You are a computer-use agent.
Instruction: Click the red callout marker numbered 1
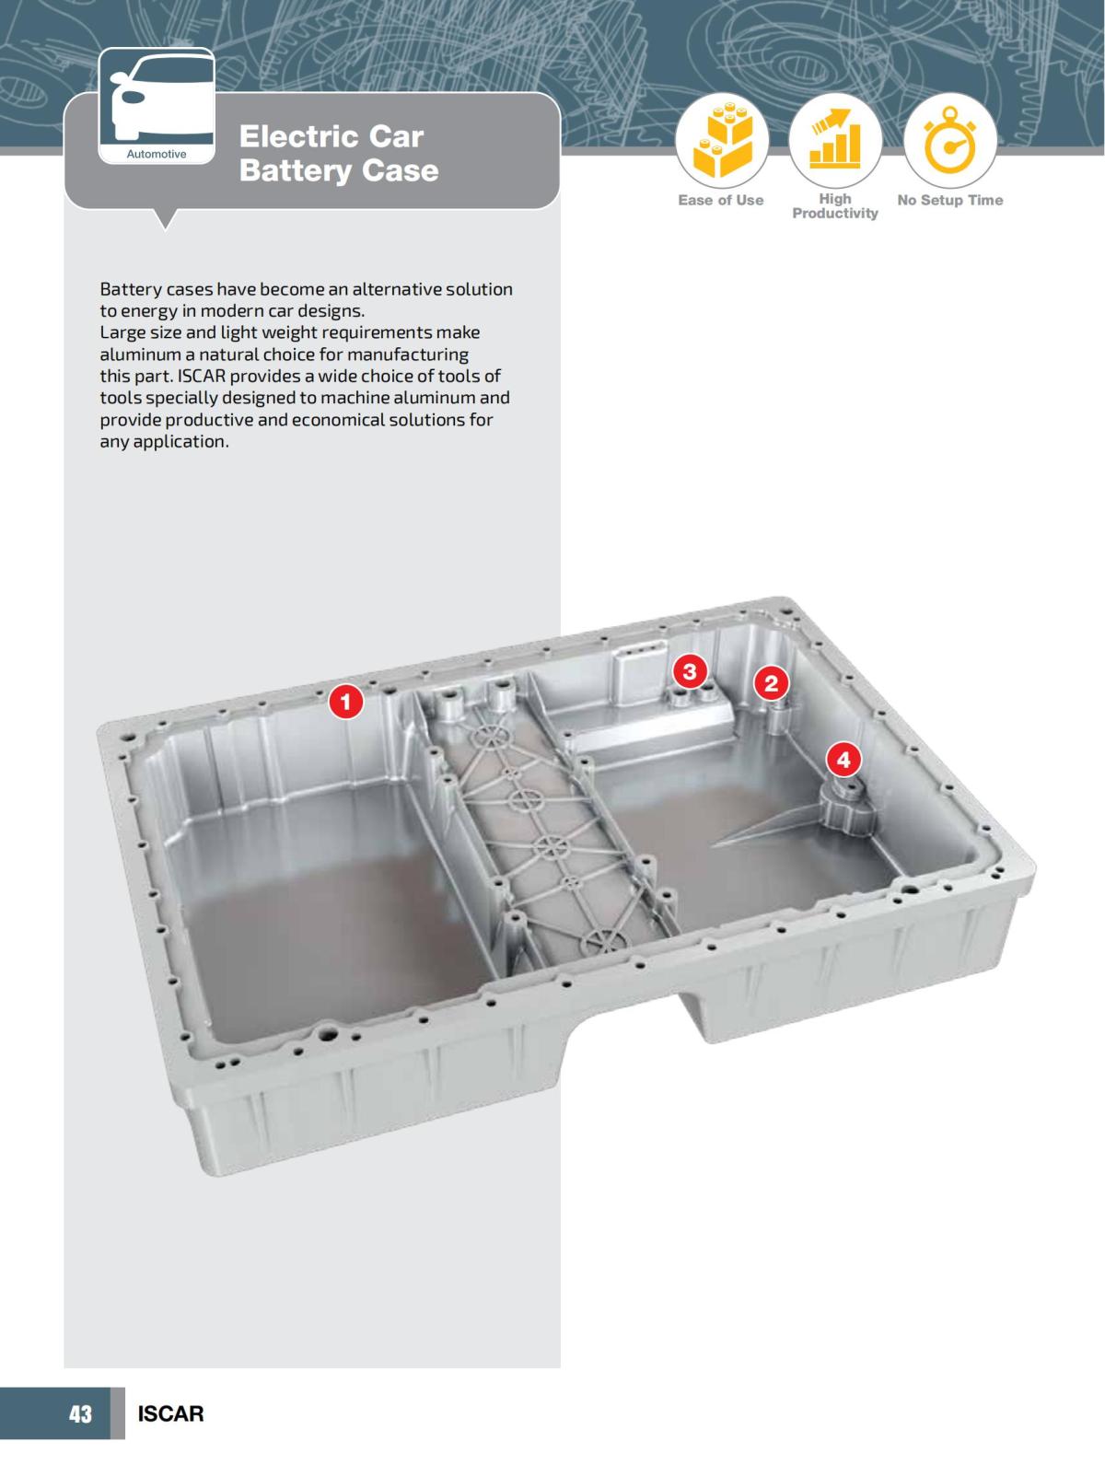click(346, 703)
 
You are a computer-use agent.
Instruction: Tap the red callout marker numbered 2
click(771, 683)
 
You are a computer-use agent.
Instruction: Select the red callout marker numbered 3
click(689, 670)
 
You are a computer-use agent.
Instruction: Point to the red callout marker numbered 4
click(843, 761)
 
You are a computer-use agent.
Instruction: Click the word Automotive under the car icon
click(156, 154)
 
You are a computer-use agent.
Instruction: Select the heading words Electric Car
click(331, 136)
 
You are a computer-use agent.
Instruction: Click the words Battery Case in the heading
click(338, 170)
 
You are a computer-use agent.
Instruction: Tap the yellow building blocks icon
click(721, 142)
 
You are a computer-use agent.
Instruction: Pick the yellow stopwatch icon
click(949, 142)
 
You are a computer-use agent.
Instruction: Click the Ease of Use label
click(720, 200)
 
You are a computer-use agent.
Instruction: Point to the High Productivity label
click(835, 205)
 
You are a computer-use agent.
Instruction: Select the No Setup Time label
click(949, 200)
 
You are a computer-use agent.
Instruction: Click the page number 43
click(80, 1413)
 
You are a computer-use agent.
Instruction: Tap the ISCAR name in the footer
click(170, 1413)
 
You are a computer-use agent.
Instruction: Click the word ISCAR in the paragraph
click(203, 376)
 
